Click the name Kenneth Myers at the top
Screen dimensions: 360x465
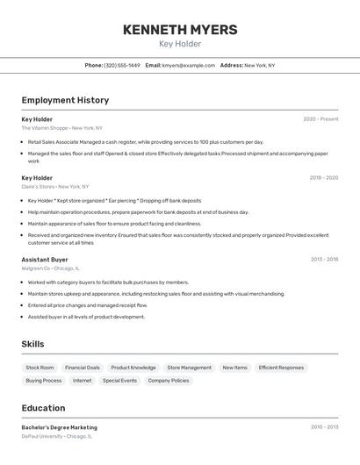pyautogui.click(x=180, y=30)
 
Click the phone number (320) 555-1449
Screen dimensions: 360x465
pyautogui.click(x=122, y=65)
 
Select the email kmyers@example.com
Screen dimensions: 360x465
pyautogui.click(x=188, y=65)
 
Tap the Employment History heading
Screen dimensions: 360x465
pyautogui.click(x=65, y=100)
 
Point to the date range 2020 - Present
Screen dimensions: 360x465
pyautogui.click(x=320, y=119)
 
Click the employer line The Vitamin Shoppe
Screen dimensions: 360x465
pyautogui.click(x=61, y=128)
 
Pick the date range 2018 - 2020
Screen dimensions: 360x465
pyautogui.click(x=323, y=178)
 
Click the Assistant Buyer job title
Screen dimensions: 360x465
pyautogui.click(x=45, y=260)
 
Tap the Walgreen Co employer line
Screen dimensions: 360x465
pyautogui.click(x=51, y=268)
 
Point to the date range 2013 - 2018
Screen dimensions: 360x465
pyautogui.click(x=324, y=260)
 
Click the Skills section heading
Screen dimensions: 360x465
pyautogui.click(x=32, y=344)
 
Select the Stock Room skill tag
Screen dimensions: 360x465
pyautogui.click(x=40, y=368)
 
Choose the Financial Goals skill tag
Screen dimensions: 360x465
pyautogui.click(x=83, y=368)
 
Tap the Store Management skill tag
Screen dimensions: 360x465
pyautogui.click(x=189, y=368)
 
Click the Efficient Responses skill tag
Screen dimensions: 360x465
pyautogui.click(x=281, y=368)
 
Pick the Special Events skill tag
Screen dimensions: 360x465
pyautogui.click(x=119, y=381)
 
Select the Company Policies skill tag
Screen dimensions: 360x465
pyautogui.click(x=169, y=381)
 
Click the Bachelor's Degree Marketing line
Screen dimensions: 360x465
pyautogui.click(x=60, y=427)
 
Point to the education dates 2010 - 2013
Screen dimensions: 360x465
pyautogui.click(x=324, y=427)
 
